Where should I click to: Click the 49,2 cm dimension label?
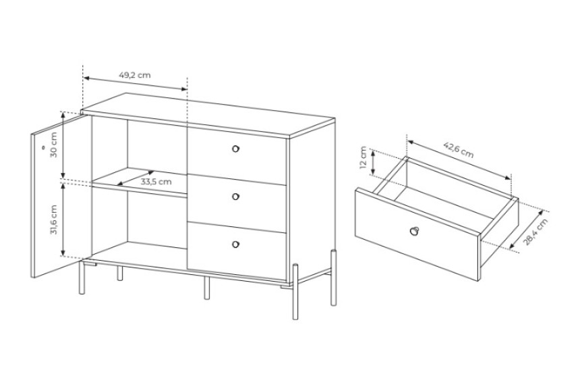pos(135,75)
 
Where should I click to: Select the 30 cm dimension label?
pos(54,145)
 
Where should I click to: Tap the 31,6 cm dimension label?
pos(54,220)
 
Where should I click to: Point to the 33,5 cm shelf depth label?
pos(156,182)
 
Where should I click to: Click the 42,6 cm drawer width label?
pos(459,150)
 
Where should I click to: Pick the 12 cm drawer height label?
pos(364,157)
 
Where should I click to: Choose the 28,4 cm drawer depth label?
pos(535,232)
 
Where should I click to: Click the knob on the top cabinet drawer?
pos(235,149)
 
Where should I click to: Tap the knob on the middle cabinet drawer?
pos(235,197)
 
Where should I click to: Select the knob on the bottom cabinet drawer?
pos(235,245)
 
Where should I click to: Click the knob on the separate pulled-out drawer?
pos(413,230)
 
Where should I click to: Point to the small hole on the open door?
pos(43,147)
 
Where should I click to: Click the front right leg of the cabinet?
pos(295,291)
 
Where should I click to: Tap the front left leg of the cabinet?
pos(82,278)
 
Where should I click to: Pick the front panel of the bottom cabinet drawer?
pos(237,251)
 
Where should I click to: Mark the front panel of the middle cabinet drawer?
pos(237,203)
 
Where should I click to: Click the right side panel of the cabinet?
pos(312,202)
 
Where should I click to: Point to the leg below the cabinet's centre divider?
pos(207,288)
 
